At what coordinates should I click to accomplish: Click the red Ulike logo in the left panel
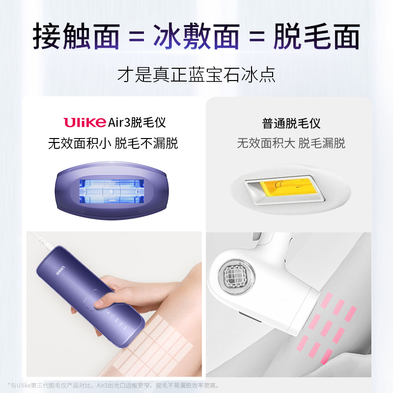tap(84, 122)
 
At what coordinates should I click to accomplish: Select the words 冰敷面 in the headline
tap(196, 37)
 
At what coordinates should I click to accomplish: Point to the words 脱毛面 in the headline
tap(317, 37)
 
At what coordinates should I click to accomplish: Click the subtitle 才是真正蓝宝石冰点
tap(196, 75)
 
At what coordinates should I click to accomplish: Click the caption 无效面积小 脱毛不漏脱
tap(113, 143)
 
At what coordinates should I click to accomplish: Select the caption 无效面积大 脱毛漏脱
tap(291, 143)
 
